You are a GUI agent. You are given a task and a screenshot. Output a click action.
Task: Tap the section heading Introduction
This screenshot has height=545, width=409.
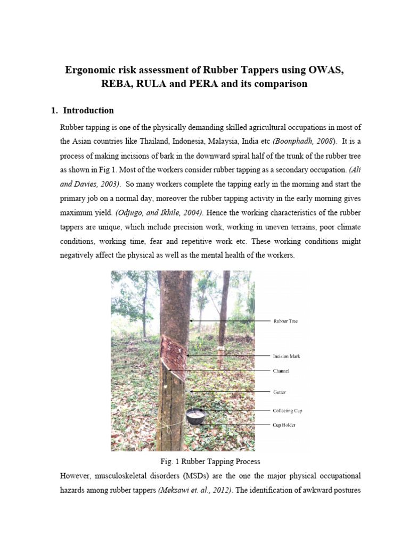click(x=88, y=111)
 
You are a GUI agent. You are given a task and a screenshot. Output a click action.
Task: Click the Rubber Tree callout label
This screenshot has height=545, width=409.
click(x=287, y=321)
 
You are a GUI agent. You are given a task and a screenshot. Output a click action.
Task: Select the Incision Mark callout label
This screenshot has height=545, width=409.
click(x=288, y=356)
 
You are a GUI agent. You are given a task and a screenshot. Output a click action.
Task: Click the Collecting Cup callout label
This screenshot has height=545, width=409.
click(x=288, y=411)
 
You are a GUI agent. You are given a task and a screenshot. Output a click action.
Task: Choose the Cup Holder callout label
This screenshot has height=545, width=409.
click(x=285, y=425)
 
